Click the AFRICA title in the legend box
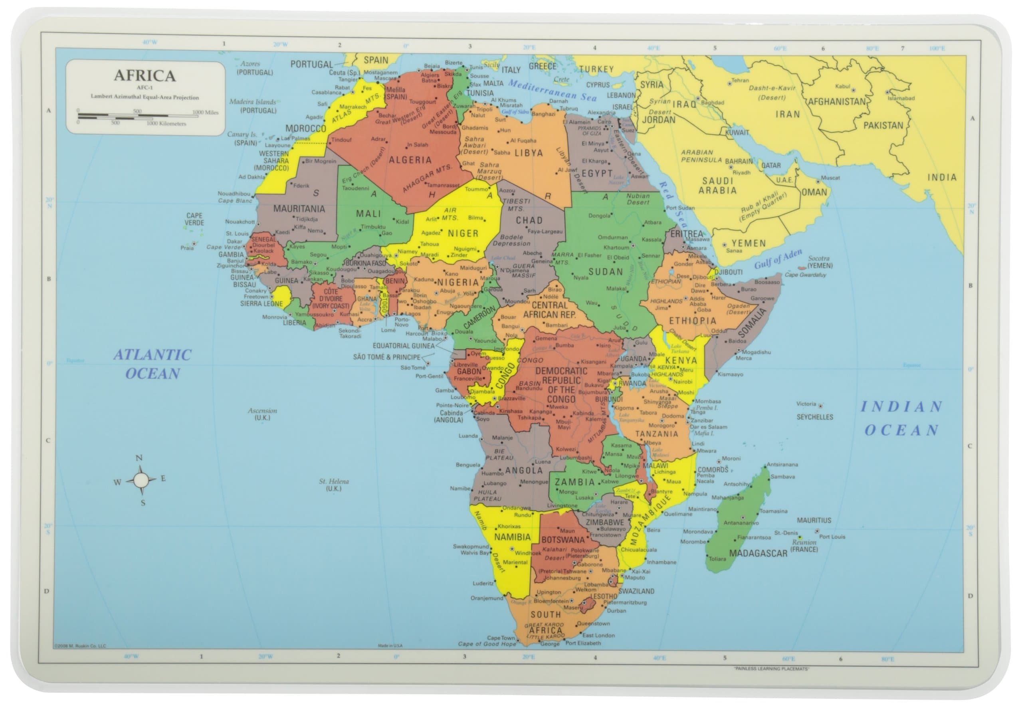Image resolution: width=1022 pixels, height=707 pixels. pyautogui.click(x=145, y=76)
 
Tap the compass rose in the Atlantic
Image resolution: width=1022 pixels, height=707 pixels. pyautogui.click(x=141, y=480)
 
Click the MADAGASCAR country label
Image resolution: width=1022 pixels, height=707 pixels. pyautogui.click(x=758, y=553)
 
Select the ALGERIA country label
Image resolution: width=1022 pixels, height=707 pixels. pyautogui.click(x=410, y=160)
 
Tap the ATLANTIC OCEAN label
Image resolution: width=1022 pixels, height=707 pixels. pyautogui.click(x=153, y=364)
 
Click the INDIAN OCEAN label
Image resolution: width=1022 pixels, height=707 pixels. pyautogui.click(x=901, y=418)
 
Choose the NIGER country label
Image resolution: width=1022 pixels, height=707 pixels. pyautogui.click(x=463, y=233)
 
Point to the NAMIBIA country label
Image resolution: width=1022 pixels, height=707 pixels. pyautogui.click(x=512, y=537)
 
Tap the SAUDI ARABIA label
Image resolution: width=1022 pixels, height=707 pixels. pyautogui.click(x=717, y=186)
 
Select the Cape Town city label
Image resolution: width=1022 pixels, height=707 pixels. pyautogui.click(x=501, y=638)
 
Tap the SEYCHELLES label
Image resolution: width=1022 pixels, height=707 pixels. pyautogui.click(x=815, y=417)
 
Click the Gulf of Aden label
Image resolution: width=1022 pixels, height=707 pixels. pyautogui.click(x=778, y=259)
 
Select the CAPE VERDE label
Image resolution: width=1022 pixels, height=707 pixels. pyautogui.click(x=194, y=219)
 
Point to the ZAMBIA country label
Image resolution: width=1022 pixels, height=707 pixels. pyautogui.click(x=574, y=482)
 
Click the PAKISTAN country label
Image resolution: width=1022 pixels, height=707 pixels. pyautogui.click(x=883, y=125)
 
